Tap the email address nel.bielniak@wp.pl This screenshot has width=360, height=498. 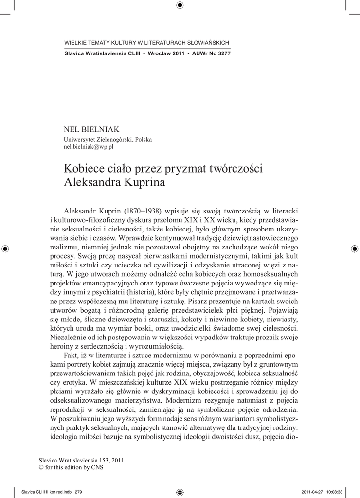point(89,146)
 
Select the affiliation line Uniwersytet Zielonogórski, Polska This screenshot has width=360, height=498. point(108,139)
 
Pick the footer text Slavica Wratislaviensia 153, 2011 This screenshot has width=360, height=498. point(77,460)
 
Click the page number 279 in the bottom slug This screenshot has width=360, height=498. point(78,491)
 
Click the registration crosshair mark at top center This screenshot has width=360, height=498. point(180,6)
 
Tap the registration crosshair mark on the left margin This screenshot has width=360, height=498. point(5,249)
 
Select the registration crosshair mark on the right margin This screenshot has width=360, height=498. point(354,249)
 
